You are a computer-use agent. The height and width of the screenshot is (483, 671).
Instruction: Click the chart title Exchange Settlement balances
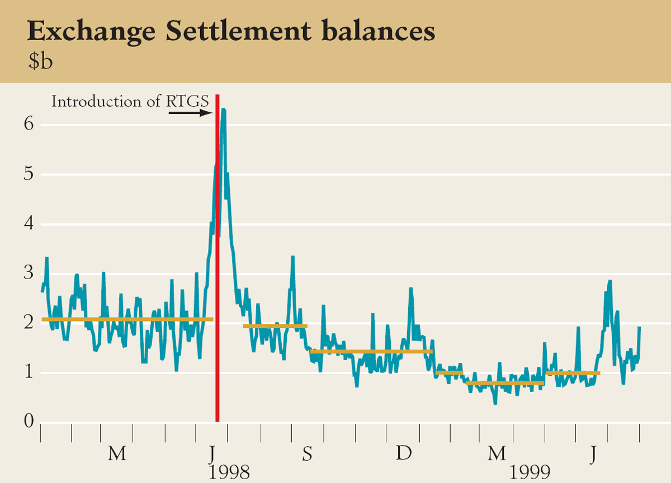tap(231, 32)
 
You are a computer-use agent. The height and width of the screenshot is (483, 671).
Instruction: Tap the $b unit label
tap(41, 61)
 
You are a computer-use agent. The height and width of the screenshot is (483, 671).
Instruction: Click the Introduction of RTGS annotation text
tap(130, 102)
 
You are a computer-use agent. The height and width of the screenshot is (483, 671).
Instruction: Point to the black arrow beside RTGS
tap(190, 112)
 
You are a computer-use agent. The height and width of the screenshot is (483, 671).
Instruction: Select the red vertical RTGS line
tap(218, 279)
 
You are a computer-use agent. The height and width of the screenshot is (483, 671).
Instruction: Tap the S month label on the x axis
tap(307, 454)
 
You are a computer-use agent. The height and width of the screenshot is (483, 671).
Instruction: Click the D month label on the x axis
tap(403, 454)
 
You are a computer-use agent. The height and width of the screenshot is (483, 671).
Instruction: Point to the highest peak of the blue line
tap(223, 109)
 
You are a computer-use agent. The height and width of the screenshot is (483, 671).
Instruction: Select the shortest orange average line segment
tap(449, 372)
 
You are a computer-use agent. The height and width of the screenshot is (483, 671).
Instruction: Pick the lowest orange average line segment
tap(505, 384)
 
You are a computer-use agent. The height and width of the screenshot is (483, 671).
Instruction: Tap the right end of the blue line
tap(639, 328)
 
